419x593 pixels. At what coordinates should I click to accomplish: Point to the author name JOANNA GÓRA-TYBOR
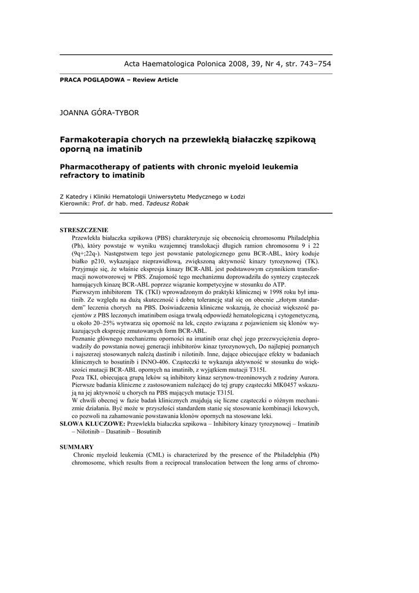[100, 112]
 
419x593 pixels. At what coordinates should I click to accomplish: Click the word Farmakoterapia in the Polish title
[91, 140]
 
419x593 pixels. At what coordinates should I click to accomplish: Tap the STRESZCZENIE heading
[84, 230]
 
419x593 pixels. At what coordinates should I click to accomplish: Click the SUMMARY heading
[76, 447]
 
